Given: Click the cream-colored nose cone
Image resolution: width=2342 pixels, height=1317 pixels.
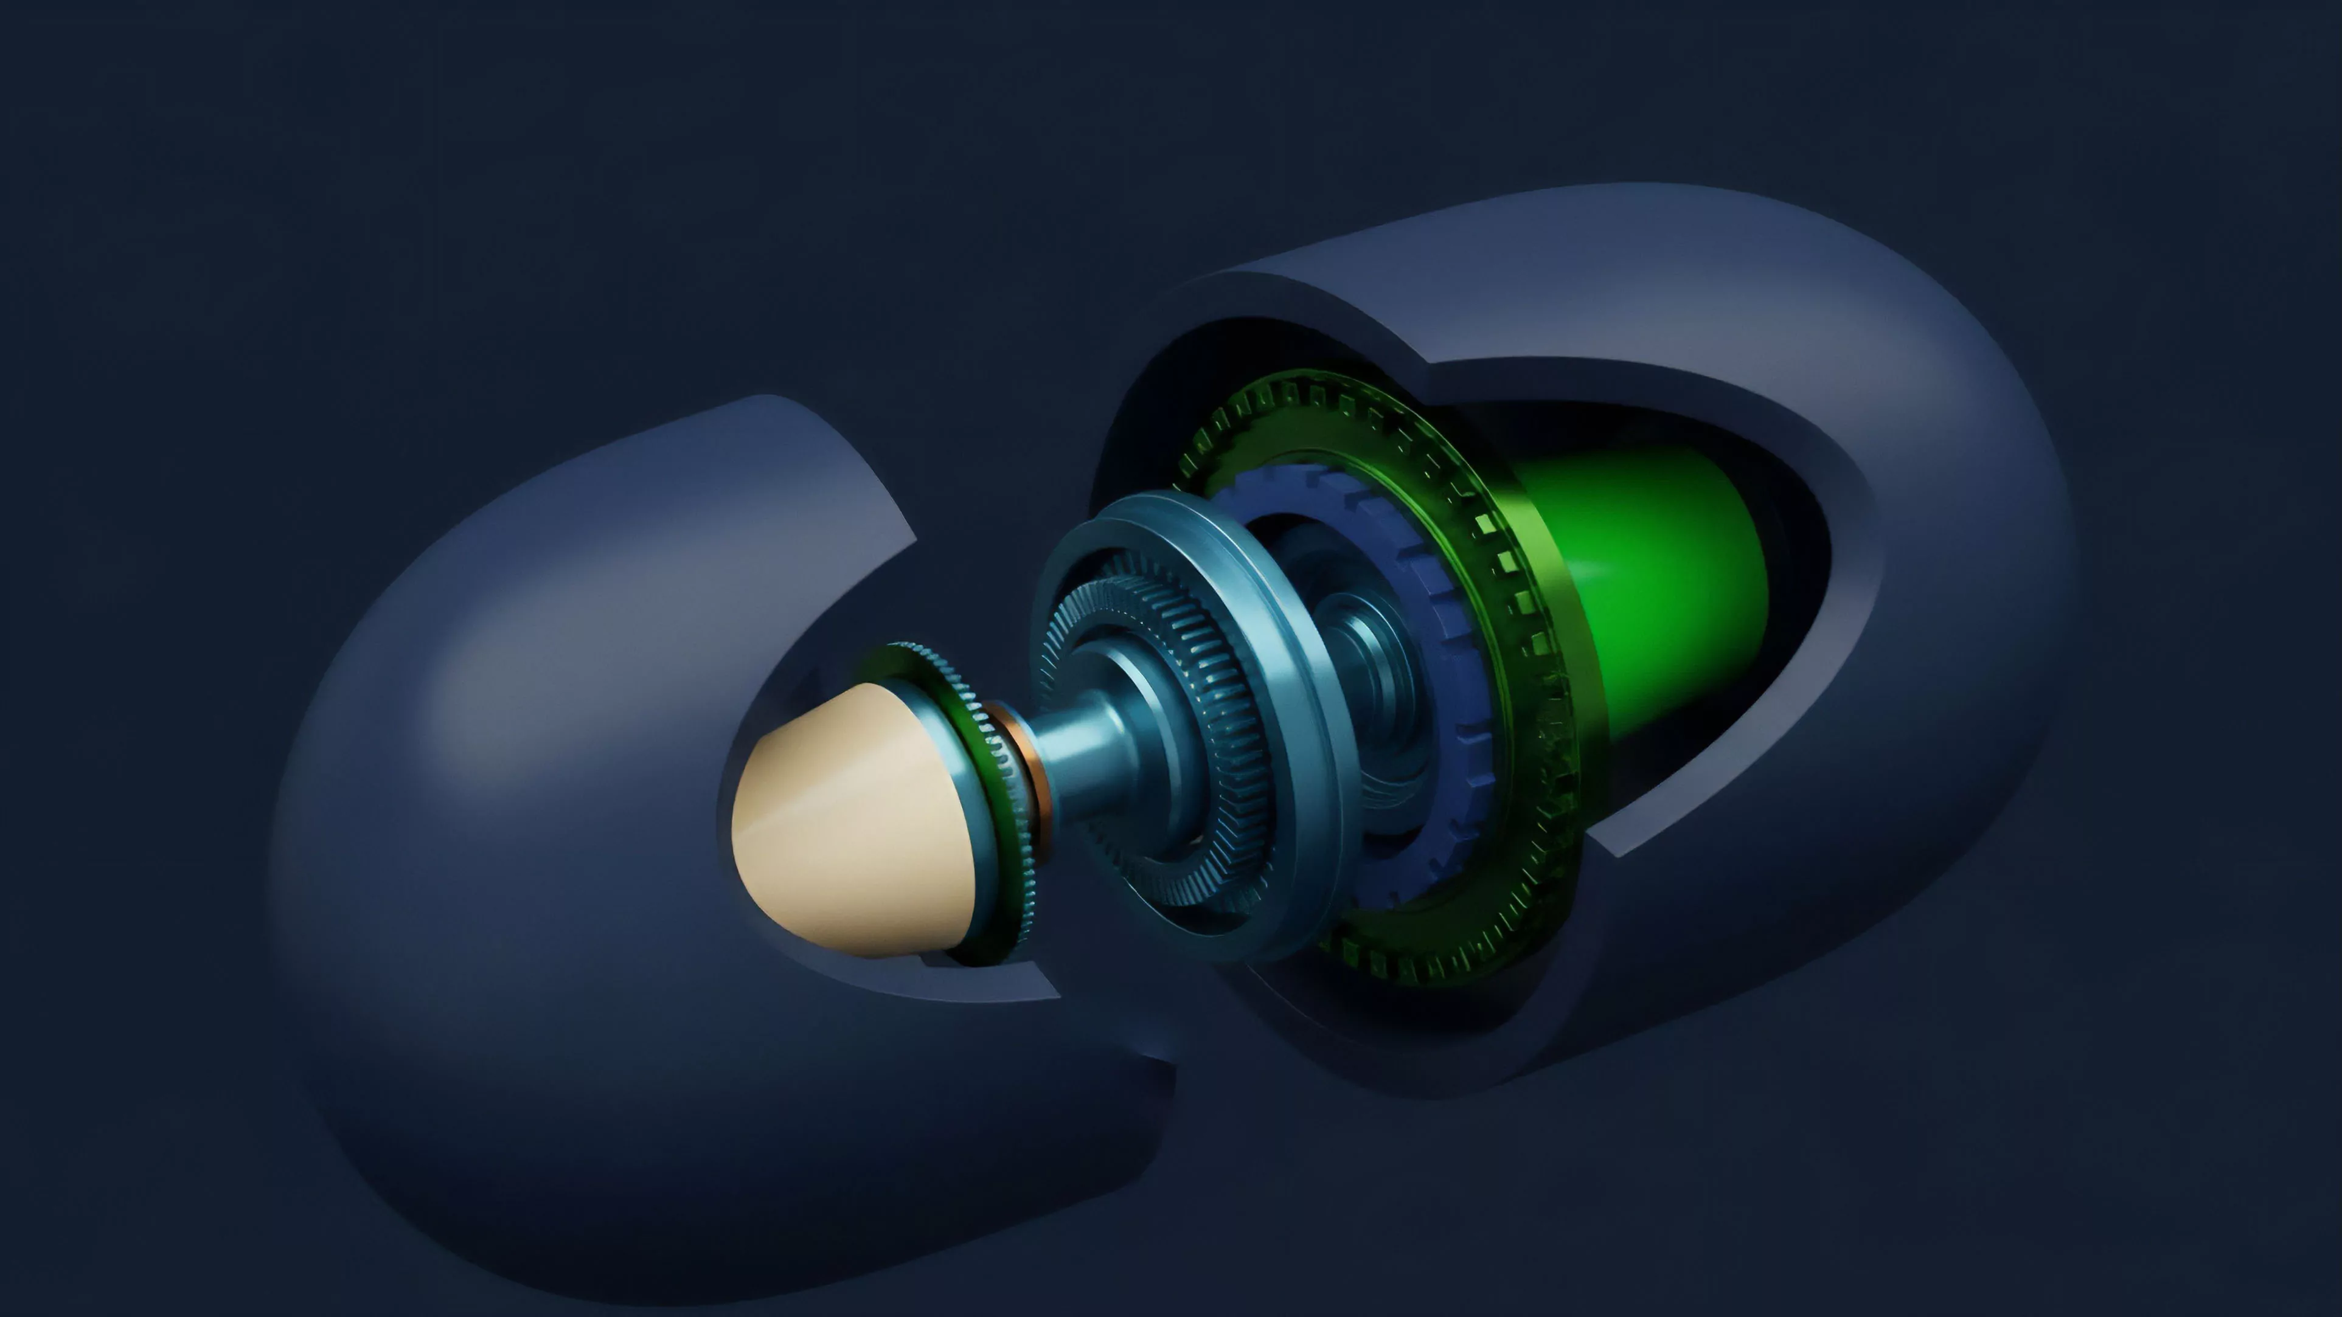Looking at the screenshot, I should pyautogui.click(x=846, y=818).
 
